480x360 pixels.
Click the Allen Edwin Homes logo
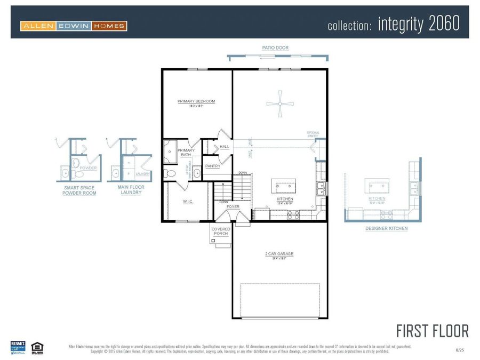[74, 26]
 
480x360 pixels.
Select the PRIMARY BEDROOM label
[196, 101]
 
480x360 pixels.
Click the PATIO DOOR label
[275, 48]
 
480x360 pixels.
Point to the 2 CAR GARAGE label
[279, 254]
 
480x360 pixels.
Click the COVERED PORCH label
[221, 231]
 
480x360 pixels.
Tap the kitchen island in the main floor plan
[284, 186]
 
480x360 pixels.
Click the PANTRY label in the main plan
[213, 166]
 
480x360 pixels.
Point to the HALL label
[225, 147]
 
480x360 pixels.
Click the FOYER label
[233, 206]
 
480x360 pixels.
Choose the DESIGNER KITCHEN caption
[386, 228]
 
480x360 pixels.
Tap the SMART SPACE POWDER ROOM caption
[79, 190]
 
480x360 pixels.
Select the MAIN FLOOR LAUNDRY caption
[131, 190]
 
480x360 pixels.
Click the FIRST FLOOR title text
[433, 331]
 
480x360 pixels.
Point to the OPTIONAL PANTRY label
[313, 134]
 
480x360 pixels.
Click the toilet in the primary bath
[170, 173]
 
